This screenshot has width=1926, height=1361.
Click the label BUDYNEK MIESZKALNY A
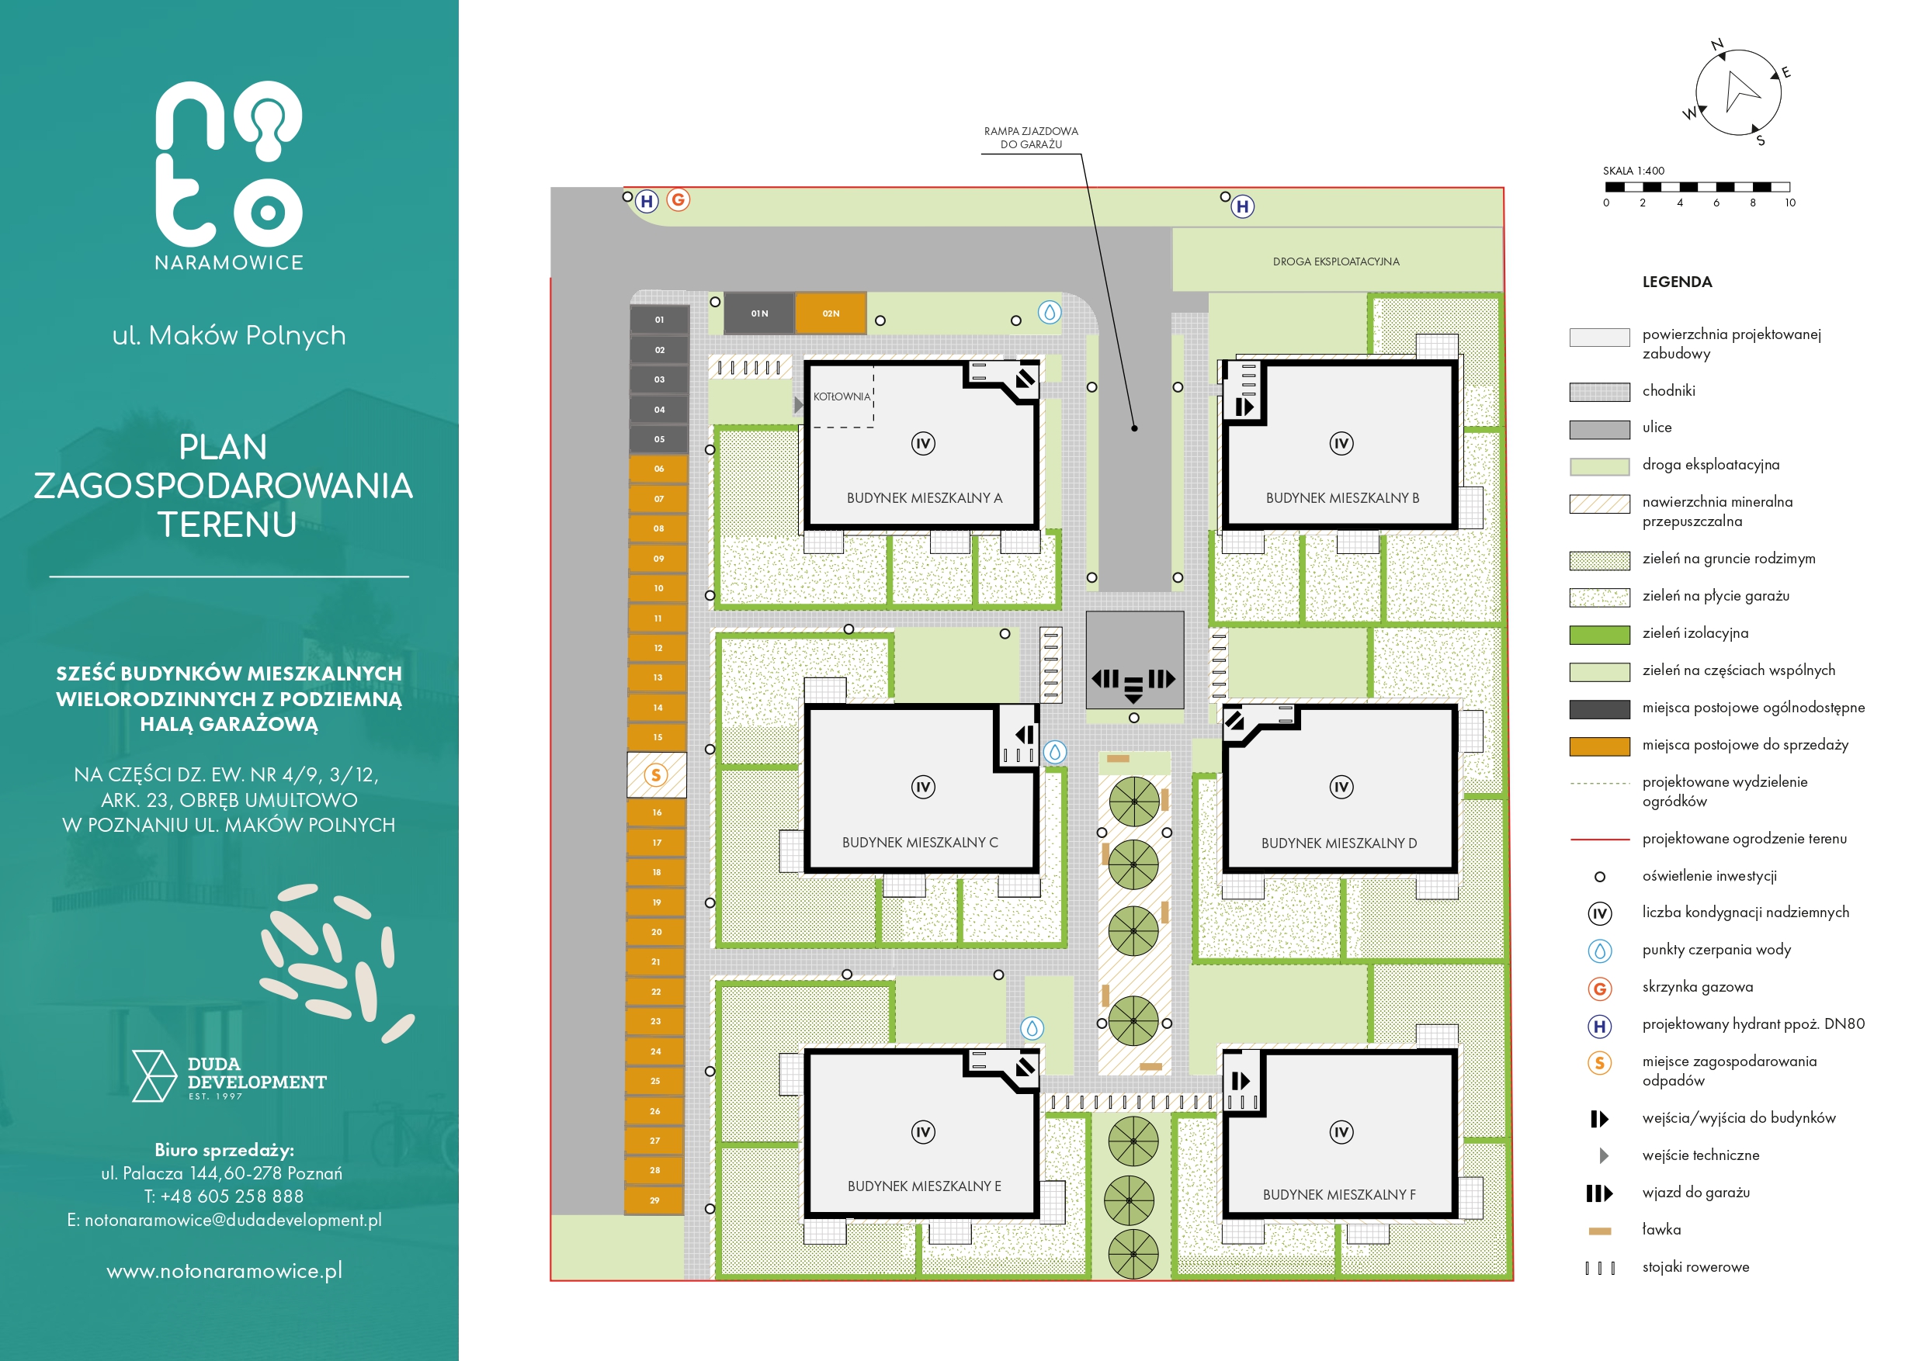(925, 498)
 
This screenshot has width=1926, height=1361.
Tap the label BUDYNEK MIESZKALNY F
(1339, 1194)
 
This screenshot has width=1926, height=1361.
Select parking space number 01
(659, 320)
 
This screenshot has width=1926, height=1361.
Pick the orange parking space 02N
(831, 313)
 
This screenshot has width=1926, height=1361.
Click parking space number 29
(654, 1200)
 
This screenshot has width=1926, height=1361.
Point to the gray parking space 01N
(759, 313)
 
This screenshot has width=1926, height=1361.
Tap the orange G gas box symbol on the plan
(678, 199)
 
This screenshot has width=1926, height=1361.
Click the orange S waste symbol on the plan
(656, 775)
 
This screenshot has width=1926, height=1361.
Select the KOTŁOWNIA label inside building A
(842, 397)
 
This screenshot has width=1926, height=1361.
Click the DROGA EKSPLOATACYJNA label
(1335, 261)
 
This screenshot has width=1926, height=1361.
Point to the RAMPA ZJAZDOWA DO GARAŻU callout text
(1031, 137)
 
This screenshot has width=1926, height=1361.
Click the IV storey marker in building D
(1341, 787)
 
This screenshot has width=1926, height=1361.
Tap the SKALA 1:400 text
(1633, 171)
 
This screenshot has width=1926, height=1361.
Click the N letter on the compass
(1717, 44)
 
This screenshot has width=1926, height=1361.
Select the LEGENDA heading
(1677, 282)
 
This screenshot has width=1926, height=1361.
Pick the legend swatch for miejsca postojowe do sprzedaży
(1600, 746)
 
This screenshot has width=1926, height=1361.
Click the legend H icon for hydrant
(1600, 1026)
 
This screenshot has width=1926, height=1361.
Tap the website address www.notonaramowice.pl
(225, 1271)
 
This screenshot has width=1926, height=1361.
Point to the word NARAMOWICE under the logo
(229, 262)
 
